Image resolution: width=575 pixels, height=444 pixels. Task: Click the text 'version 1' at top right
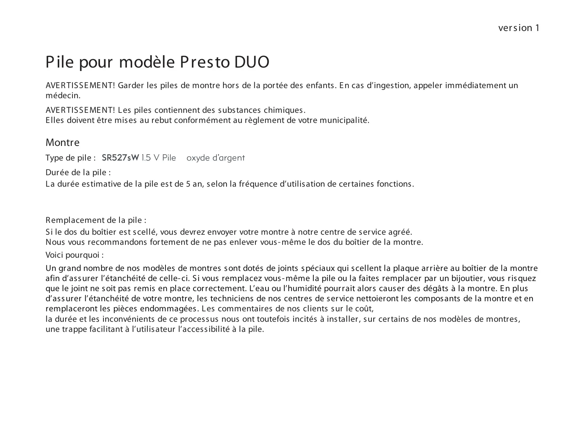[x=519, y=28]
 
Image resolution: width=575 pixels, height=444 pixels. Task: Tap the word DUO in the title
[x=252, y=62]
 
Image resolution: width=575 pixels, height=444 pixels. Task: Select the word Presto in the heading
[x=205, y=62]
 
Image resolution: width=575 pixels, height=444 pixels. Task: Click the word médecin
[x=63, y=95]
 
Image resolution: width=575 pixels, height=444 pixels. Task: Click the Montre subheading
[x=62, y=142]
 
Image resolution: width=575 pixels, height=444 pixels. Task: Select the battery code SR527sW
[x=120, y=158]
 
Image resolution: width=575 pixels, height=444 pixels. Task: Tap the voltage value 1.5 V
[x=151, y=158]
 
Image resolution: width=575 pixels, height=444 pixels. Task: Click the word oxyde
[x=198, y=158]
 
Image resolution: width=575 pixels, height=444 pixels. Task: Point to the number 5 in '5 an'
[x=188, y=184]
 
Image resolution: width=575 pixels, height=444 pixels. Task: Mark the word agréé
[x=402, y=232]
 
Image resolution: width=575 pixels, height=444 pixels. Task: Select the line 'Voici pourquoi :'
[x=75, y=255]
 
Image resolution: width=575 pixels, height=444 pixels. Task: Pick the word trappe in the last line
[x=74, y=329]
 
